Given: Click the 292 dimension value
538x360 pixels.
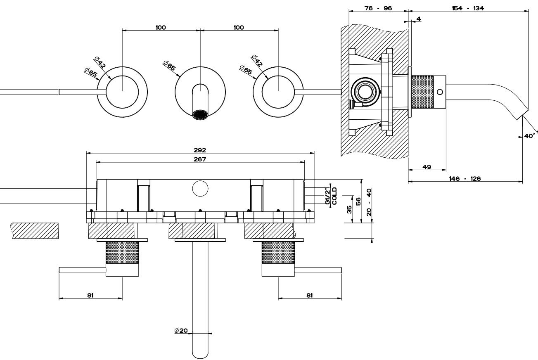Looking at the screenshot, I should pyautogui.click(x=200, y=149).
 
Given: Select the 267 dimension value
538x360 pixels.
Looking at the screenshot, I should pyautogui.click(x=200, y=159).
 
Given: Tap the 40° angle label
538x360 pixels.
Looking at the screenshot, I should pyautogui.click(x=529, y=135).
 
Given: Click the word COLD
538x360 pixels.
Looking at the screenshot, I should pyautogui.click(x=334, y=196).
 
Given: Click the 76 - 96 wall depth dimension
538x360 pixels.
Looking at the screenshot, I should pyautogui.click(x=379, y=8).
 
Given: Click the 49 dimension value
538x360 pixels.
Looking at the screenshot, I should pyautogui.click(x=427, y=167).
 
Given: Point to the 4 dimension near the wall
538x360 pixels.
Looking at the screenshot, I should pyautogui.click(x=419, y=19).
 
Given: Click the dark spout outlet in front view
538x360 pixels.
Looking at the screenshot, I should pyautogui.click(x=200, y=114).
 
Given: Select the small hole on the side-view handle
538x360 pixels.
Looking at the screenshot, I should pyautogui.click(x=440, y=92).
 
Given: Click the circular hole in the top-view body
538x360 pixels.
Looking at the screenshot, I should pyautogui.click(x=200, y=188).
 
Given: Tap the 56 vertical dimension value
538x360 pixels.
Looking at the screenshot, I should pyautogui.click(x=358, y=201).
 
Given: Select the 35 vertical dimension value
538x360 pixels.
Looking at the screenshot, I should pyautogui.click(x=349, y=209).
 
